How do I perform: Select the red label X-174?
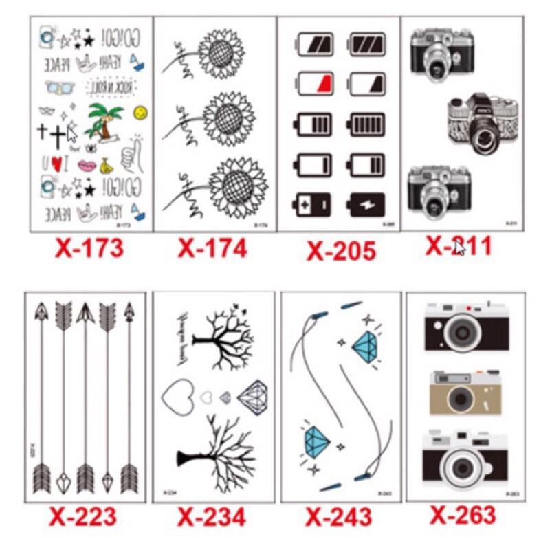tap(212, 247)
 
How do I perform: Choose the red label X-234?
tap(212, 516)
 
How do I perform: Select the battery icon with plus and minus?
tap(313, 204)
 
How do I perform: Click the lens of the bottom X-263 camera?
tap(456, 459)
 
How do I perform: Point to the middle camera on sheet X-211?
tap(483, 124)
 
